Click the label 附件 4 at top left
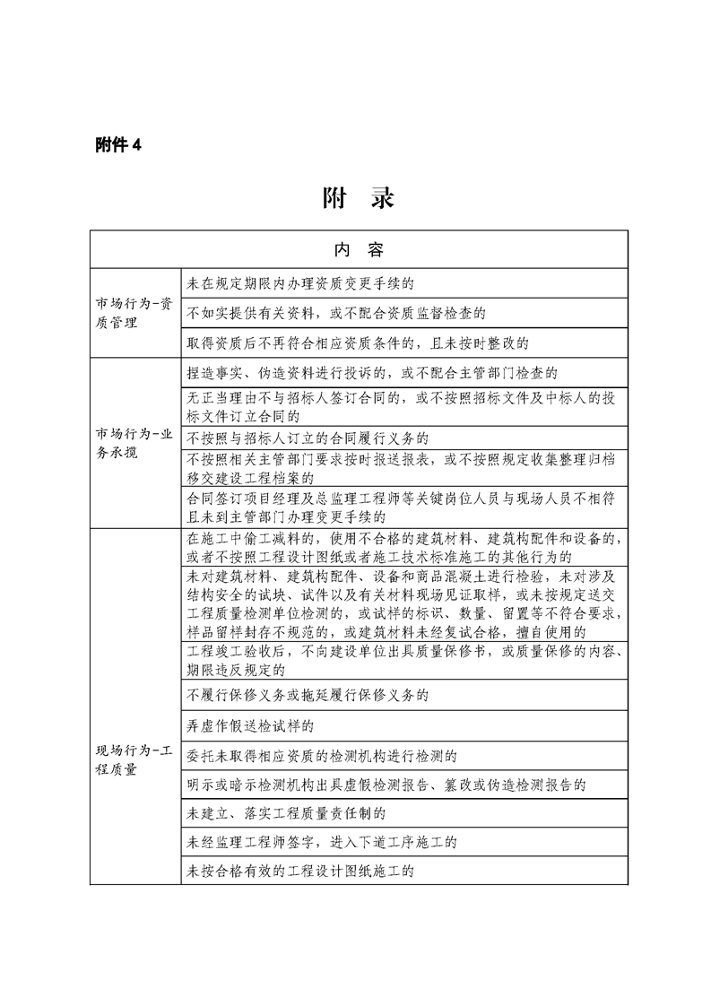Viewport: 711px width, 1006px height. pos(118,145)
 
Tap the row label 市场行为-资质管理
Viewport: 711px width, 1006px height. pos(134,312)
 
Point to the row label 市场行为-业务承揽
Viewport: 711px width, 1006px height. pos(134,443)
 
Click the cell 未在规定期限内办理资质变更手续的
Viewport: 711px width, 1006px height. pos(299,282)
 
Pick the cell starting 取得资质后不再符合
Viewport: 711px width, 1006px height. pos(359,343)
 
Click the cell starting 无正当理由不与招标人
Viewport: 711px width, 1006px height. pos(402,407)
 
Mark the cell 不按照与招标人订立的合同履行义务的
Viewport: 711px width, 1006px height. pos(308,438)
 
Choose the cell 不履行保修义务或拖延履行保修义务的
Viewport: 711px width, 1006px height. pos(308,694)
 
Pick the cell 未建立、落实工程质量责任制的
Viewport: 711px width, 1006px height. pos(285,814)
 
